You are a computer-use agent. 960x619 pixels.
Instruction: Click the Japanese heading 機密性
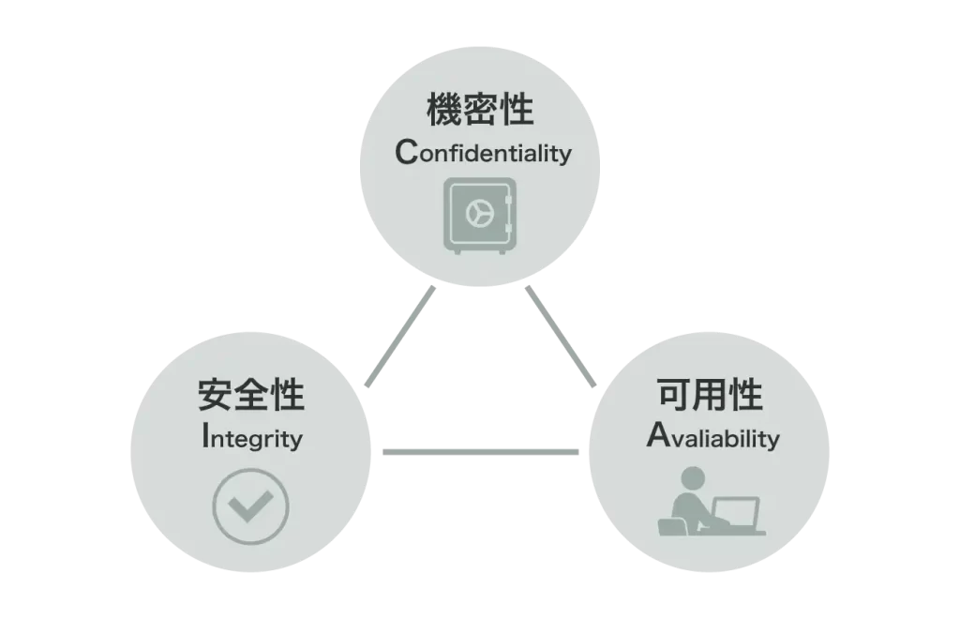tap(480, 110)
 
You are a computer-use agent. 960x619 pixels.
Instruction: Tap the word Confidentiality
tap(483, 152)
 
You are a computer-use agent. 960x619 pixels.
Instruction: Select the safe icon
tap(480, 216)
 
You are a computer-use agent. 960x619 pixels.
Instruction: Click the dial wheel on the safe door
tap(480, 214)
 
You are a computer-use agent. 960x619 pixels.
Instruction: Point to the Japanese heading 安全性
tap(251, 395)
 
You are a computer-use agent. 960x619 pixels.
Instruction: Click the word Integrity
tap(251, 437)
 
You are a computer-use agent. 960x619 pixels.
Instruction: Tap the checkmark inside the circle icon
tap(249, 506)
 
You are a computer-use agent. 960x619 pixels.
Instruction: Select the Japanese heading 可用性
tap(710, 395)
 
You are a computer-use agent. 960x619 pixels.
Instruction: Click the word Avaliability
tap(712, 436)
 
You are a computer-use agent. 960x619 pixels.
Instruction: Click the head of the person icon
tap(693, 478)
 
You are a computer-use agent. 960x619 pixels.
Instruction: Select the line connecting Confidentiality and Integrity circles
tap(399, 337)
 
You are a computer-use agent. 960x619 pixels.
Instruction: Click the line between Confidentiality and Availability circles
tap(561, 337)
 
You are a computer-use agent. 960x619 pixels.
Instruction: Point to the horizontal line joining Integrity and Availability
tap(481, 452)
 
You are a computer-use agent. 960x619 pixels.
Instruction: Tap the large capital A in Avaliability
tap(659, 434)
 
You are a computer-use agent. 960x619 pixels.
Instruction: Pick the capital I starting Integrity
tap(205, 435)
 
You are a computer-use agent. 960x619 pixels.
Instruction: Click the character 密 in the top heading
tap(480, 110)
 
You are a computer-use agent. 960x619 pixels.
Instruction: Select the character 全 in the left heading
tap(251, 395)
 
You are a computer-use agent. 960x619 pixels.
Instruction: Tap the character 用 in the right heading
tap(710, 395)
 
